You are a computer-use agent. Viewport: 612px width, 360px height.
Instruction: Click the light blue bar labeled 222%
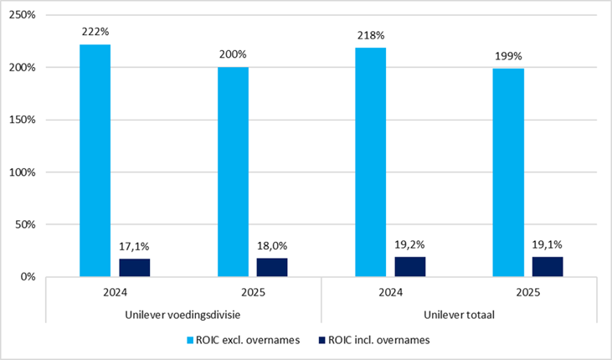(95, 160)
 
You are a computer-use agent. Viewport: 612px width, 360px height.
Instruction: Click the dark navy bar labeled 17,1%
(134, 267)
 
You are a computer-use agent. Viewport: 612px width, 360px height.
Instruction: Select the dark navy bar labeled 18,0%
(272, 266)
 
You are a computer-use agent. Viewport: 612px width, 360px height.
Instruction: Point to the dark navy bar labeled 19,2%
(409, 266)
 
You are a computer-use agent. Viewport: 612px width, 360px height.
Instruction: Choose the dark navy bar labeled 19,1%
(548, 266)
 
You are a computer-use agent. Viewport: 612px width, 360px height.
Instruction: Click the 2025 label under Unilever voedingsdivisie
(252, 293)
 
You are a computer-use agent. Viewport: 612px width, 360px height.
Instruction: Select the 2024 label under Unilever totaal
(390, 293)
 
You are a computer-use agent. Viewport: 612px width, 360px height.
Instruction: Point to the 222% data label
(95, 32)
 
